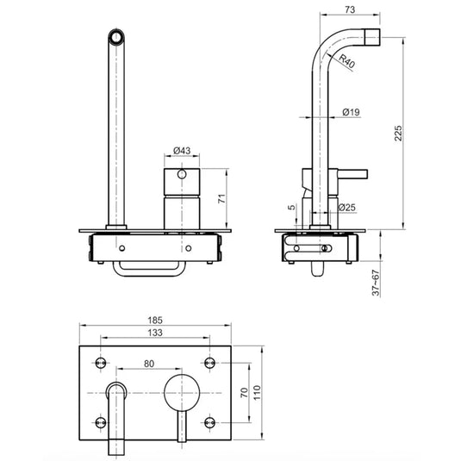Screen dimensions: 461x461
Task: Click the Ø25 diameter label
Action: [348, 208]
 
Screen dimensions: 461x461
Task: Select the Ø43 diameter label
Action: [181, 150]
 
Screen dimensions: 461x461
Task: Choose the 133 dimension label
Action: [156, 332]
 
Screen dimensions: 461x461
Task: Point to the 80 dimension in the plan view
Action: [150, 364]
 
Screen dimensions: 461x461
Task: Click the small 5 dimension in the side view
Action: [292, 207]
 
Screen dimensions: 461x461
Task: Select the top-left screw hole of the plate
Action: [102, 359]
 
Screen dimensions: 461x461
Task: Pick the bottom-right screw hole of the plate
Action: [209, 422]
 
